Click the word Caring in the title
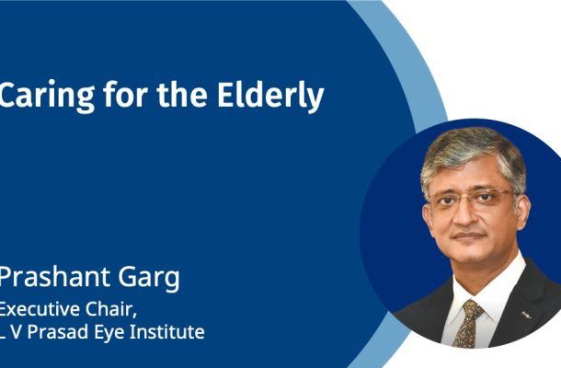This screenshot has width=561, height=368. tap(47, 96)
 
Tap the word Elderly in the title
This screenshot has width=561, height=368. tap(270, 96)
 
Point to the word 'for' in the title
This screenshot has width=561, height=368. tap(125, 94)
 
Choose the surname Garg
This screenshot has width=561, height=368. tap(149, 280)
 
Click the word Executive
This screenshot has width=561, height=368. tap(40, 309)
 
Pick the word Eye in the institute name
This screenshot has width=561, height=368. tap(109, 333)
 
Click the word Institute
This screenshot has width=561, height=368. tap(166, 331)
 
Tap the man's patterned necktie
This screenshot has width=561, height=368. tap(467, 323)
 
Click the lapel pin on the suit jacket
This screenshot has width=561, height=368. tap(526, 315)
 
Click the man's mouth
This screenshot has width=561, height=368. tap(468, 236)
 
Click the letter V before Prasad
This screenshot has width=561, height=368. tap(17, 332)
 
